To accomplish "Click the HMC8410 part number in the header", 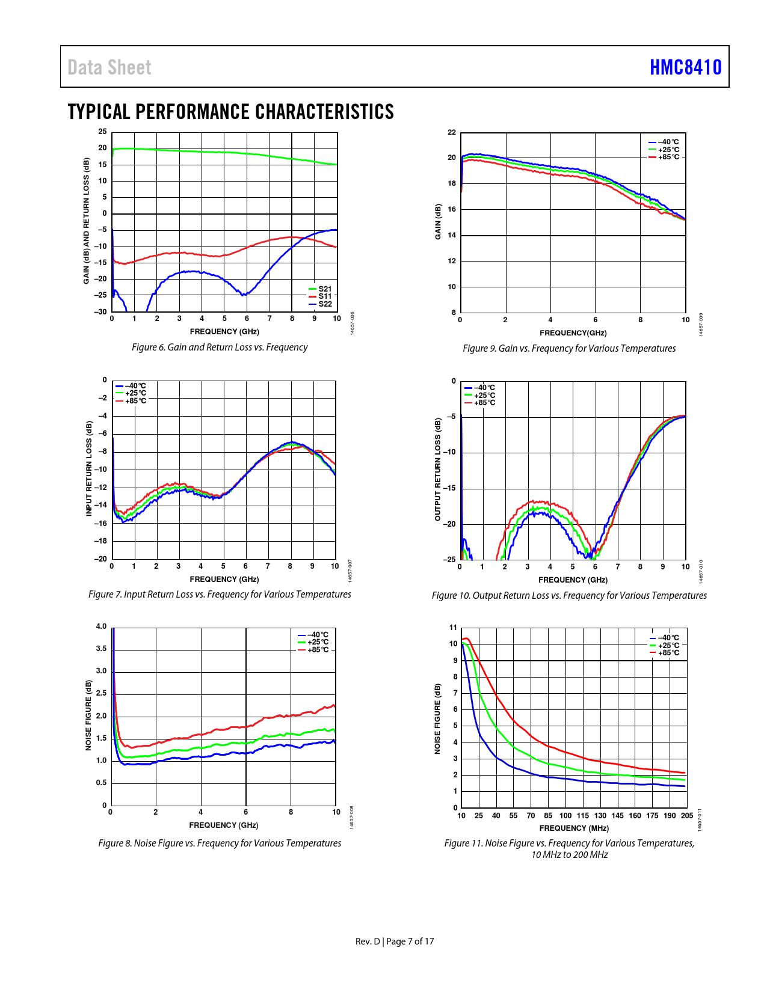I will pyautogui.click(x=685, y=67).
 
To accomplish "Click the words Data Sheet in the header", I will pyautogui.click(x=109, y=67).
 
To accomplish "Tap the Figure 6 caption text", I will pyautogui.click(x=220, y=347).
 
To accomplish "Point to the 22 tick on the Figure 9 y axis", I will pyautogui.click(x=452, y=132).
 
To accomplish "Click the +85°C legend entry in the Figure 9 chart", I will pyautogui.click(x=668, y=157).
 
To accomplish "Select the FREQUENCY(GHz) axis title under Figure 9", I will pyautogui.click(x=573, y=333).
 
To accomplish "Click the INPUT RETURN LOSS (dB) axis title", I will pyautogui.click(x=89, y=468).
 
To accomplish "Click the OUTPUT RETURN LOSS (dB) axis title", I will pyautogui.click(x=438, y=470).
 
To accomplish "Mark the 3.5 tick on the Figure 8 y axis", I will pyautogui.click(x=100, y=649).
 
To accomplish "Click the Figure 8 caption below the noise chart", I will pyautogui.click(x=220, y=843).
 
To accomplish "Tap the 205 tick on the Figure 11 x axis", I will pyautogui.click(x=686, y=816).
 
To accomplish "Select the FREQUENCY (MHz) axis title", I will pyautogui.click(x=574, y=828).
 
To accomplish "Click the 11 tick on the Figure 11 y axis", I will pyautogui.click(x=453, y=628).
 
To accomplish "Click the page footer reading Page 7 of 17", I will pyautogui.click(x=410, y=941).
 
